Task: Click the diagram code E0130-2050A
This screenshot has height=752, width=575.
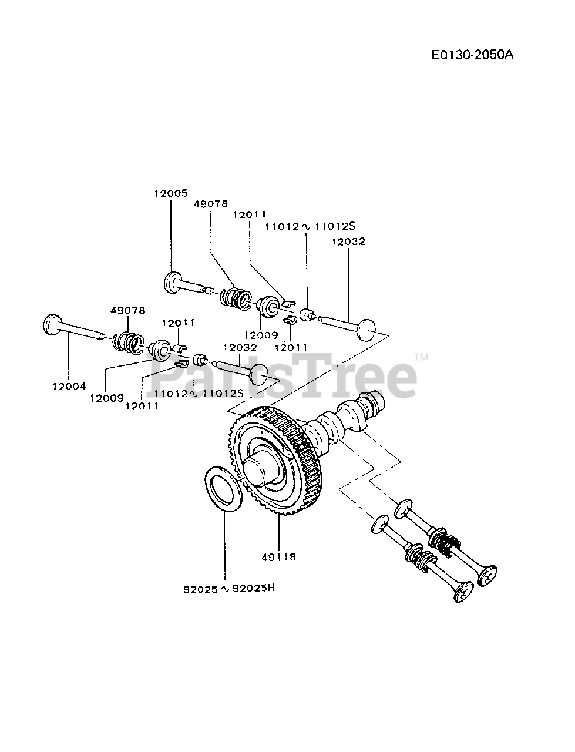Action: pos(472,55)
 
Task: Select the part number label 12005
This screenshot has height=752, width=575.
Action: pos(171,193)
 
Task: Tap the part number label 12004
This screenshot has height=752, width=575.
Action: pos(69,386)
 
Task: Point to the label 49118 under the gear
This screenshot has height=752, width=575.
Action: pos(280,557)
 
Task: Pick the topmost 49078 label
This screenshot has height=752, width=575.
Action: pos(210,203)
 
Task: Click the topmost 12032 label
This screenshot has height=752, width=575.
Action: pos(348,241)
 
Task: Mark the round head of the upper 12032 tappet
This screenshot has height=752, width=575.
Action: pos(367,330)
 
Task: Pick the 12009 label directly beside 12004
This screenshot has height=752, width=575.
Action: pos(107,398)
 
